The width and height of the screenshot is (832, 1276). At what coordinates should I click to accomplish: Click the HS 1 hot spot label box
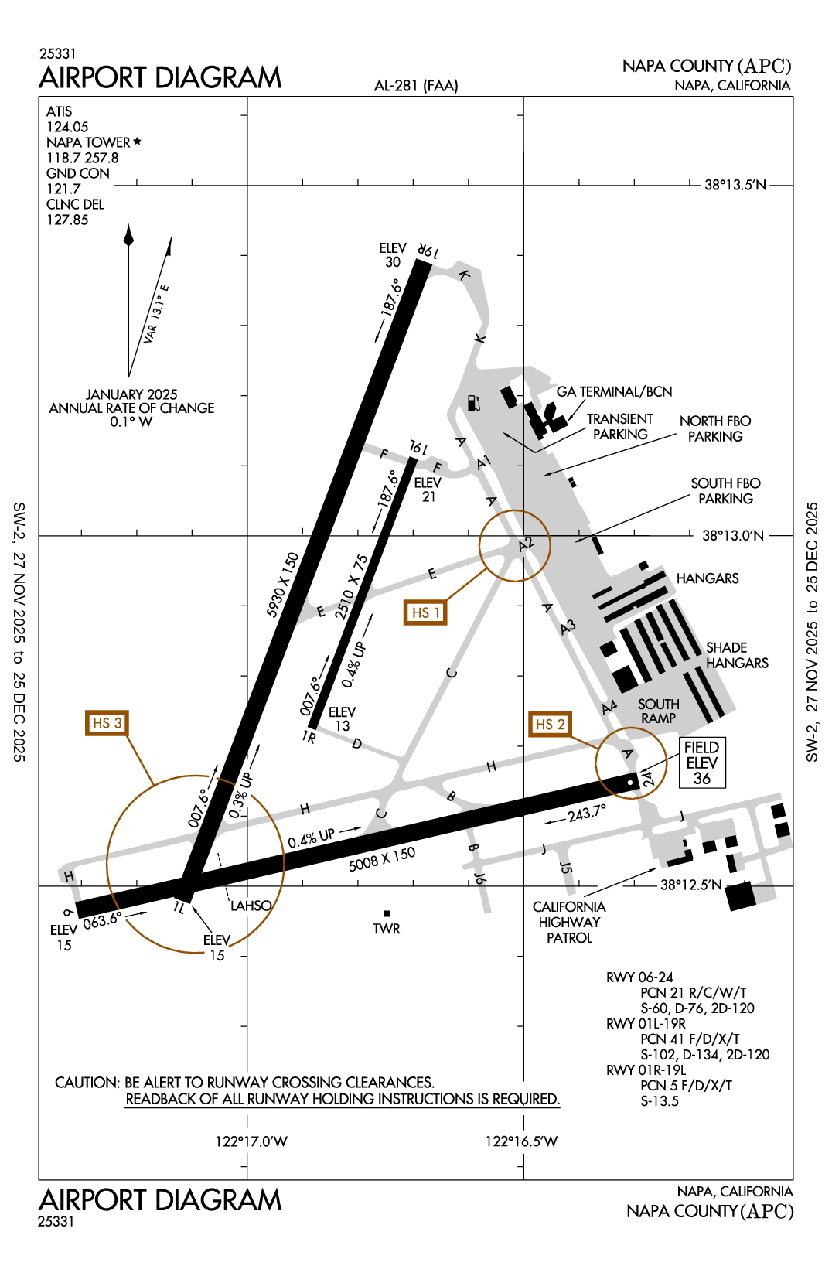pyautogui.click(x=425, y=612)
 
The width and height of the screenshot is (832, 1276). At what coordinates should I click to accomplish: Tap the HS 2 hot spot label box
pyautogui.click(x=550, y=724)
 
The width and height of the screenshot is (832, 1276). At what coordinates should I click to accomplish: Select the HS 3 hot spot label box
pyautogui.click(x=107, y=723)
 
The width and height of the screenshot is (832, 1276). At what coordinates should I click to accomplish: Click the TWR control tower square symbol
pyautogui.click(x=387, y=914)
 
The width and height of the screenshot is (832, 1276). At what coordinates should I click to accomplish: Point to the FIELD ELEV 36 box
pyautogui.click(x=702, y=763)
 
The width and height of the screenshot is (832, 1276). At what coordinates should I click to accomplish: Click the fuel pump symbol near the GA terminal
pyautogui.click(x=473, y=403)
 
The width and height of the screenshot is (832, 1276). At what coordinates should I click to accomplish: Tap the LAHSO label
pyautogui.click(x=251, y=906)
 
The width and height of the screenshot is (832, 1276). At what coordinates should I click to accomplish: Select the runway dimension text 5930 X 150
pyautogui.click(x=282, y=585)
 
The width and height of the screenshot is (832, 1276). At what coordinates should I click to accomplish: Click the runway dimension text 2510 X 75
pyautogui.click(x=352, y=587)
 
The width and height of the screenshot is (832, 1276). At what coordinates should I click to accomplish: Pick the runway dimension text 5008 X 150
pyautogui.click(x=382, y=859)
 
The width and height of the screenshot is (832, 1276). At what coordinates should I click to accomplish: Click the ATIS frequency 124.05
pyautogui.click(x=67, y=127)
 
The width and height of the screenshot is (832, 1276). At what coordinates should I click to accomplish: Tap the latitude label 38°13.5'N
pyautogui.click(x=735, y=185)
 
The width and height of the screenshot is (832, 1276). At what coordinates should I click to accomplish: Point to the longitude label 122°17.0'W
pyautogui.click(x=251, y=1141)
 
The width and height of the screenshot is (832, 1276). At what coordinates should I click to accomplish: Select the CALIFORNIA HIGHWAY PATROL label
pyautogui.click(x=569, y=922)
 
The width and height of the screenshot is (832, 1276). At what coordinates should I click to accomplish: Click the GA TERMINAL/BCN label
pyautogui.click(x=614, y=391)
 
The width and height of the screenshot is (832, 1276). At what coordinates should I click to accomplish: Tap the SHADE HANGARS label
pyautogui.click(x=736, y=655)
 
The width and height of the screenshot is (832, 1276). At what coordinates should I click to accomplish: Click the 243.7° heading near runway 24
pyautogui.click(x=586, y=814)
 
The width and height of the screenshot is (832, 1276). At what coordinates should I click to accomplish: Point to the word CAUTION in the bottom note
pyautogui.click(x=87, y=1083)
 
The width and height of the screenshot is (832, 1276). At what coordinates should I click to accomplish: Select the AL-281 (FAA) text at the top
pyautogui.click(x=416, y=86)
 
